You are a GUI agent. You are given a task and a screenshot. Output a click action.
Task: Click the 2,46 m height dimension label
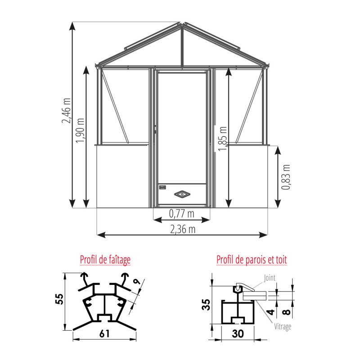(67, 111)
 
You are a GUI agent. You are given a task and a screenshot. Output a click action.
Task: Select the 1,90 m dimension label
(81, 130)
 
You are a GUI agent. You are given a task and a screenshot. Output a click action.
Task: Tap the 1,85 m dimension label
(222, 138)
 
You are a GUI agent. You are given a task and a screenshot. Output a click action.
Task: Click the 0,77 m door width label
(182, 213)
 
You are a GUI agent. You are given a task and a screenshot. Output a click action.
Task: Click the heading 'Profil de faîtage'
(105, 260)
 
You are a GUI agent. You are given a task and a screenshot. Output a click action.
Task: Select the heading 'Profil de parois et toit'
(252, 260)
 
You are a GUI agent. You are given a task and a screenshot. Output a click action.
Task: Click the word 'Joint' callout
(270, 278)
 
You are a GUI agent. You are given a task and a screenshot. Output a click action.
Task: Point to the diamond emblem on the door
(182, 194)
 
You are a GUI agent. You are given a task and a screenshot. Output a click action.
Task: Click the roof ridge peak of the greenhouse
(182, 25)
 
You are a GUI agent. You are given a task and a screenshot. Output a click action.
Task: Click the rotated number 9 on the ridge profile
(136, 283)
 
